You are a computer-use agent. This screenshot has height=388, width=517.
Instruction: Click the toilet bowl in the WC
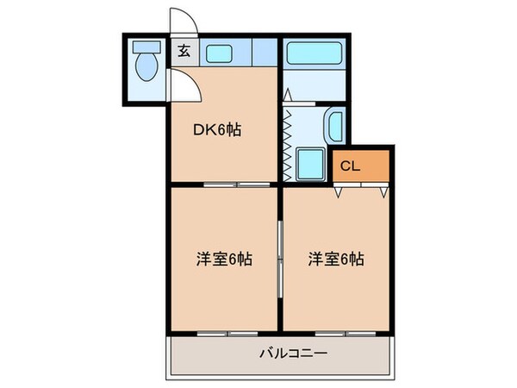pyautogui.click(x=146, y=67)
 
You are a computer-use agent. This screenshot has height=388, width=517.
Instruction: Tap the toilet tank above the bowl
pyautogui.click(x=146, y=48)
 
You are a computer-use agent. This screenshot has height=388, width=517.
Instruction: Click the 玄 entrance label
pyautogui.click(x=184, y=51)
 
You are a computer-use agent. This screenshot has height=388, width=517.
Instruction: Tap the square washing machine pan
pyautogui.click(x=308, y=162)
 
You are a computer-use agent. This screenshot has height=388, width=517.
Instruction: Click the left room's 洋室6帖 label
pyautogui.click(x=222, y=259)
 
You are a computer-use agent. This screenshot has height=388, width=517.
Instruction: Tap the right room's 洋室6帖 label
pyautogui.click(x=337, y=259)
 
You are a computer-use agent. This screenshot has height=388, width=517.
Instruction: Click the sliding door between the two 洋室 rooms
pyautogui.click(x=280, y=259)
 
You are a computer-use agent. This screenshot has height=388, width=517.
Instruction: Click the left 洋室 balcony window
pyautogui.click(x=226, y=332)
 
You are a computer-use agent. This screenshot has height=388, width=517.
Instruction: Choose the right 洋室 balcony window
pyautogui.click(x=337, y=332)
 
